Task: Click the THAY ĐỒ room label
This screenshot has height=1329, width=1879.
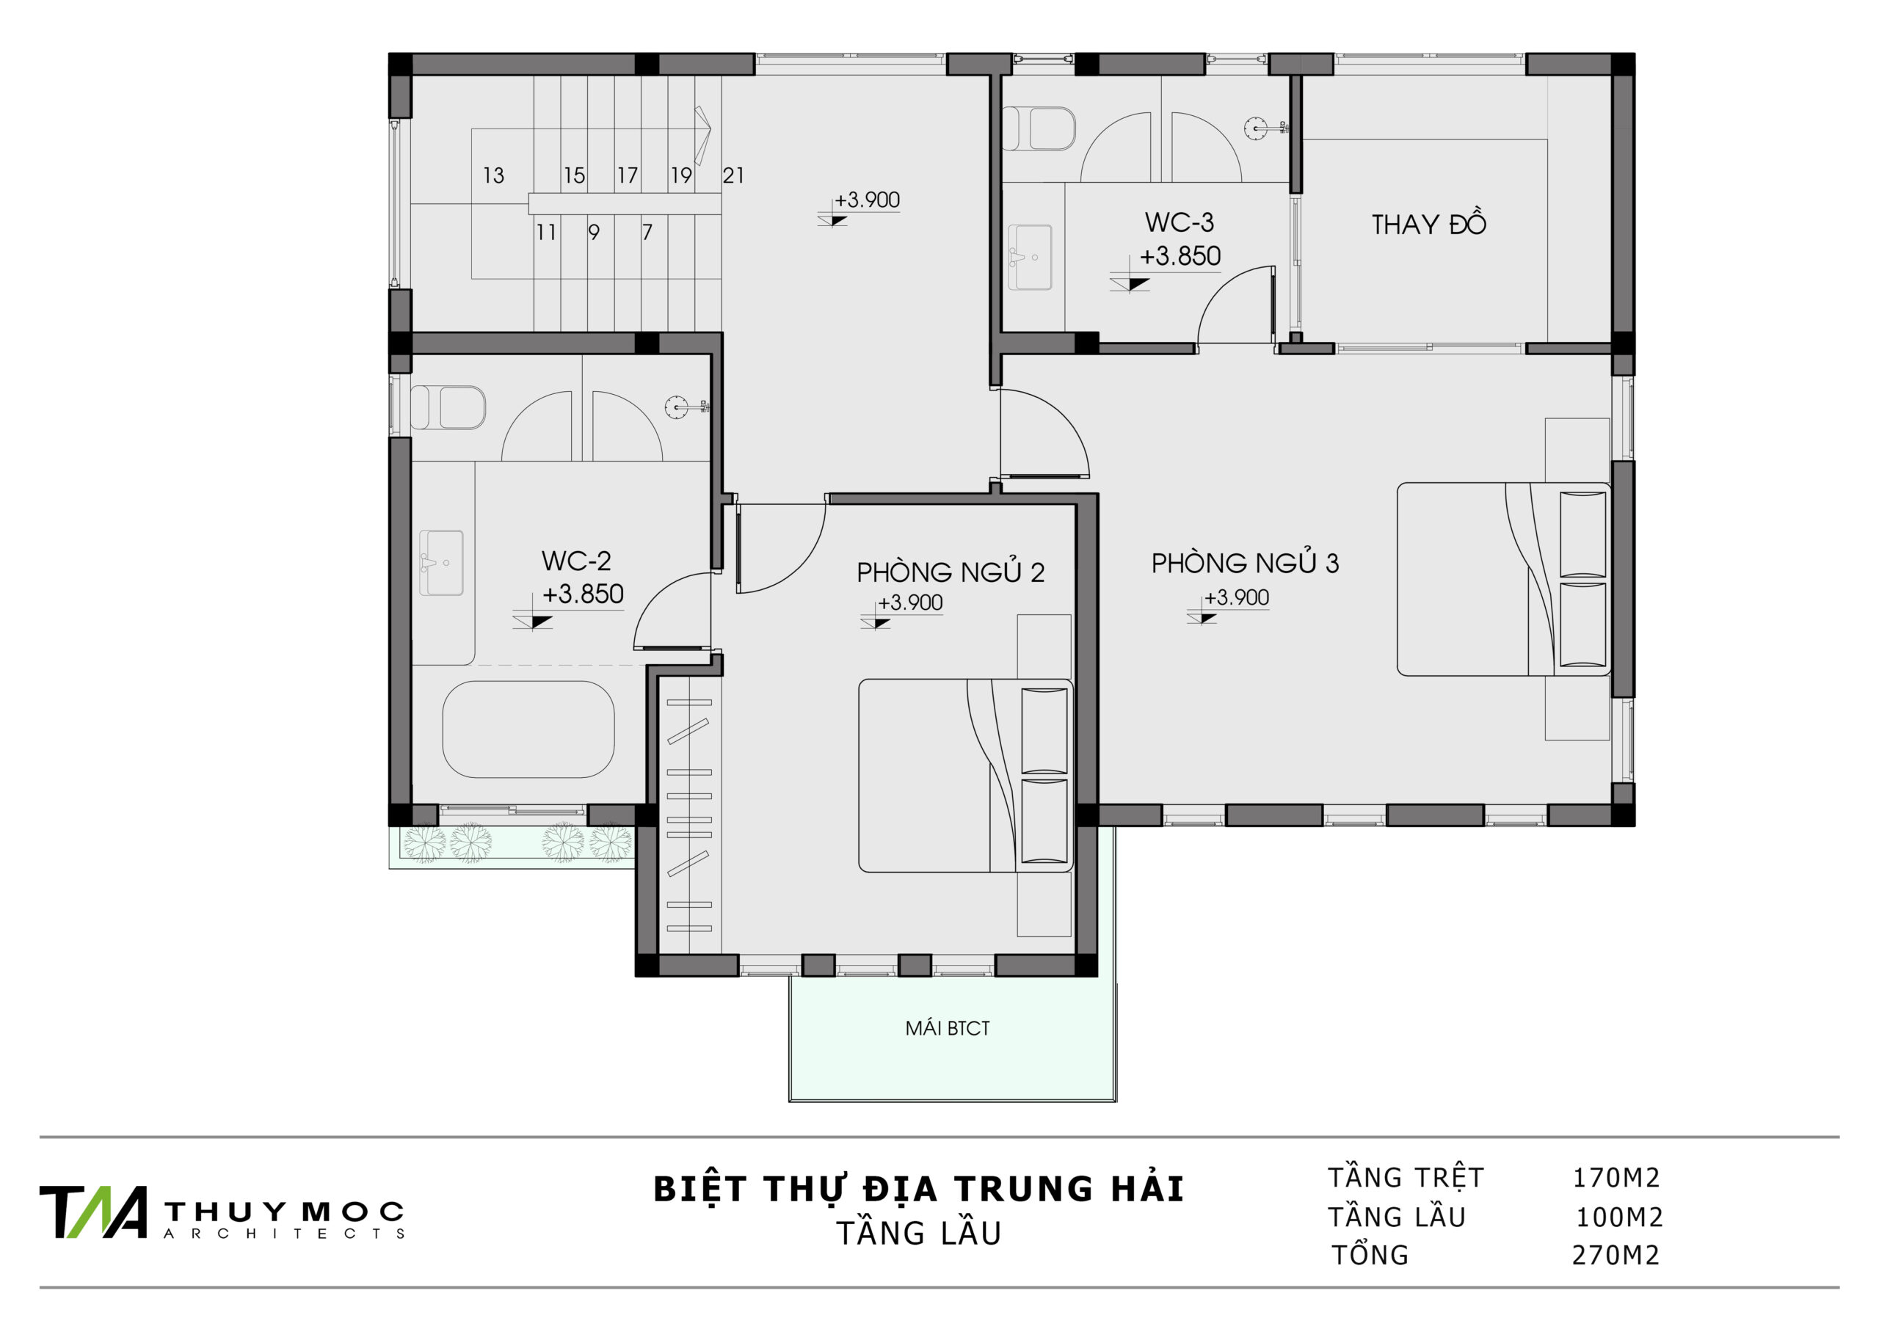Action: click(x=1428, y=223)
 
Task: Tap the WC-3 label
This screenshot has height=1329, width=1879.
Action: click(x=1180, y=222)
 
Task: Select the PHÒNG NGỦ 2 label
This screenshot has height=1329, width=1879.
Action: click(x=950, y=571)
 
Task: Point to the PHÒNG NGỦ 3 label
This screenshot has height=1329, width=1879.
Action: click(x=1245, y=562)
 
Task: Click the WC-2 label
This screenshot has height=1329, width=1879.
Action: click(x=576, y=561)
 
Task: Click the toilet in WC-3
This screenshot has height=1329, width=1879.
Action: click(x=1039, y=128)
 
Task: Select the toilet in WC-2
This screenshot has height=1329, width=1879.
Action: click(x=448, y=407)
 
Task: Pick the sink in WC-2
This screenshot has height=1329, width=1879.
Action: click(x=441, y=563)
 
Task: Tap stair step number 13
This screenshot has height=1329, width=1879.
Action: click(x=493, y=175)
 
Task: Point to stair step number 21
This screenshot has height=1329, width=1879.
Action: click(x=733, y=175)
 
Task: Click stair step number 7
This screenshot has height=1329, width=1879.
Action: click(x=647, y=233)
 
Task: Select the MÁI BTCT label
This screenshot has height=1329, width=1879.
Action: click(x=948, y=1029)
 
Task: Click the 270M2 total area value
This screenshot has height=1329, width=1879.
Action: click(x=1615, y=1256)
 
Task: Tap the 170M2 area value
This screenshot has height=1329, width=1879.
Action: click(x=1616, y=1178)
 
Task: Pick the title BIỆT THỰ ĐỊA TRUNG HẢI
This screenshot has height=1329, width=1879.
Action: click(x=919, y=1190)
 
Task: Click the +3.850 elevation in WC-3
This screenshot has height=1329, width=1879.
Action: click(x=1180, y=256)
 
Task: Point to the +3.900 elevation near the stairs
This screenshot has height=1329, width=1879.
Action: click(x=867, y=200)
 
